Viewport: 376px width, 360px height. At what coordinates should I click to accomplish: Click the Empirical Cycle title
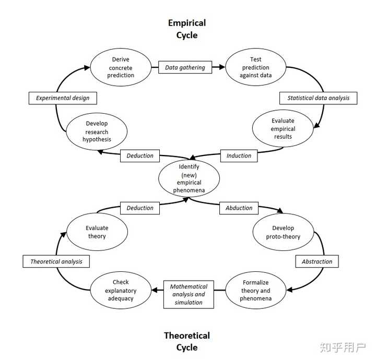187,29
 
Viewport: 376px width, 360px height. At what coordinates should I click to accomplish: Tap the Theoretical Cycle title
187,341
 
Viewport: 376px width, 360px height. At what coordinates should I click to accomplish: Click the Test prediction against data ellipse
255,67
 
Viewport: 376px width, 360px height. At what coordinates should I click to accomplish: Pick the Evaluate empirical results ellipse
283,128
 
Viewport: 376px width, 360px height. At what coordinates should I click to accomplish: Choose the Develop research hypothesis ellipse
97,131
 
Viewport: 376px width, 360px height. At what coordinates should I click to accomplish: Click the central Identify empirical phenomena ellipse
189,178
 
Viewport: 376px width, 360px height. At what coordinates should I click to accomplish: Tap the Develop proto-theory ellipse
283,232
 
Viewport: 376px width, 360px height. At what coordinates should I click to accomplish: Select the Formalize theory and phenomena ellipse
256,291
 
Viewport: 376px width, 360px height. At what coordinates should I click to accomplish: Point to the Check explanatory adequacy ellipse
121,291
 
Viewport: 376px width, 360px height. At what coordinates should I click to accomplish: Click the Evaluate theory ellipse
97,232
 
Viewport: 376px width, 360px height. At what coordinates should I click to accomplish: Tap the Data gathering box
185,67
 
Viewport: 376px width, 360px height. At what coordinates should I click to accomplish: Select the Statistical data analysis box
319,98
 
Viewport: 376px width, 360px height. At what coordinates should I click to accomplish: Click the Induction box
239,155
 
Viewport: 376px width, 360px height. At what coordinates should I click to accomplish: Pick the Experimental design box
63,98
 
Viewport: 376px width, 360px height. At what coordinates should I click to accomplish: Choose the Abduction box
239,208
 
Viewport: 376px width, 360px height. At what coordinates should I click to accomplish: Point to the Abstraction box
317,261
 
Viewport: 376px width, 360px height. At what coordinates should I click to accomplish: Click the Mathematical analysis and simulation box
189,294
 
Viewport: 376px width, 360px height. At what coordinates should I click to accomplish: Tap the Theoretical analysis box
56,261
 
